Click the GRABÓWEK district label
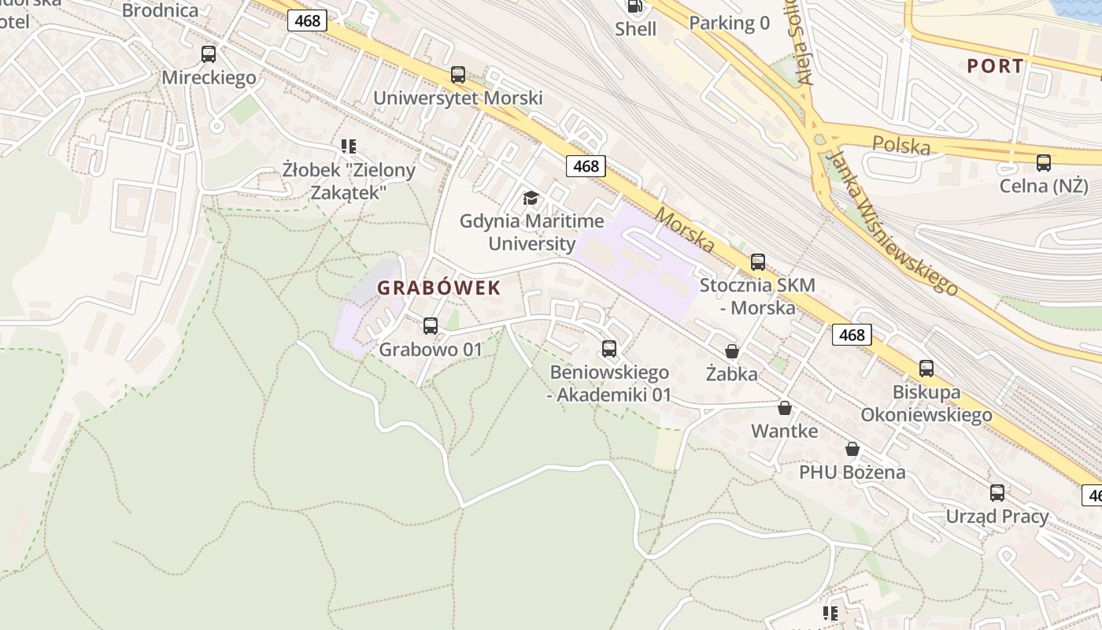(438, 288)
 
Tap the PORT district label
(996, 66)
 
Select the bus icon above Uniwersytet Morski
(458, 75)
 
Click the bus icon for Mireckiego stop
(209, 54)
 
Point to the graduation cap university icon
(531, 198)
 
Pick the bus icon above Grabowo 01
(431, 326)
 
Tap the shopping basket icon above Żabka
(732, 351)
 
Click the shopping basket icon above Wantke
(784, 408)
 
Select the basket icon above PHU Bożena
(852, 450)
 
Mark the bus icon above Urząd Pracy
(997, 493)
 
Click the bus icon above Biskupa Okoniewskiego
(926, 368)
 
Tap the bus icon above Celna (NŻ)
(1044, 163)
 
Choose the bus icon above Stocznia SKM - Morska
(757, 262)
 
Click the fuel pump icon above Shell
(634, 7)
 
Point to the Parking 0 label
(729, 24)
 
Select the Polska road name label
(901, 145)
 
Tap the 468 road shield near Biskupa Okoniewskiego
(852, 335)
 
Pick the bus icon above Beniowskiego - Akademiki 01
(609, 349)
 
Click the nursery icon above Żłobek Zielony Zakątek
(349, 146)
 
